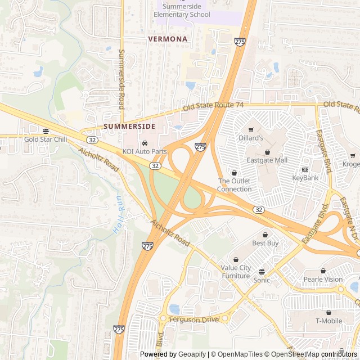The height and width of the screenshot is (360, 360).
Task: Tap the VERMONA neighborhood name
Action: [168, 39]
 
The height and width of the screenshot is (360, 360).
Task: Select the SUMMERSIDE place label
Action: [129, 127]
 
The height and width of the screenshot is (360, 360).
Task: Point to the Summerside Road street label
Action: [121, 79]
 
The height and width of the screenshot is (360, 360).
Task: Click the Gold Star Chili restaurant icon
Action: [46, 131]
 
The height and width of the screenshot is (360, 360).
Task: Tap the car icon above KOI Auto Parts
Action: [145, 143]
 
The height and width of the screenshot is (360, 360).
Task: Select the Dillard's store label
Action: [251, 138]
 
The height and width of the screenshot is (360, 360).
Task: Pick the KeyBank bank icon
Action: [305, 169]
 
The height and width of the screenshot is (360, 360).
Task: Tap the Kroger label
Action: [352, 164]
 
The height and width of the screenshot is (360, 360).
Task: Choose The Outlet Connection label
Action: [235, 185]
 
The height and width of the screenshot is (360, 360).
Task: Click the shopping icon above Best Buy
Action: [265, 235]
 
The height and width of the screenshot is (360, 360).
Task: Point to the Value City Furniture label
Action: [236, 272]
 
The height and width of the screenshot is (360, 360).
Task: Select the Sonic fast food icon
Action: [262, 272]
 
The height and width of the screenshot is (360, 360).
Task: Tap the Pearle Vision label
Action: [323, 279]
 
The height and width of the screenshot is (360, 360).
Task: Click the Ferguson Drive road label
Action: [193, 319]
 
